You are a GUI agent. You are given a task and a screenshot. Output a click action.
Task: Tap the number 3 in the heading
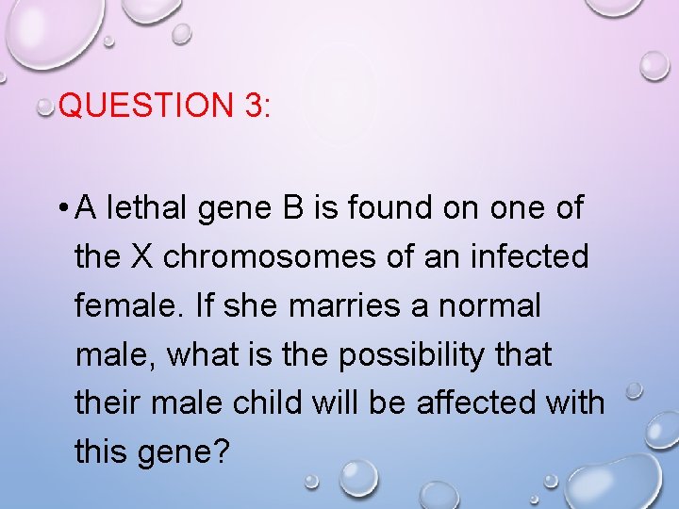[x=252, y=105]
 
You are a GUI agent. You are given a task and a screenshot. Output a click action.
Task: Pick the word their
[x=108, y=403]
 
